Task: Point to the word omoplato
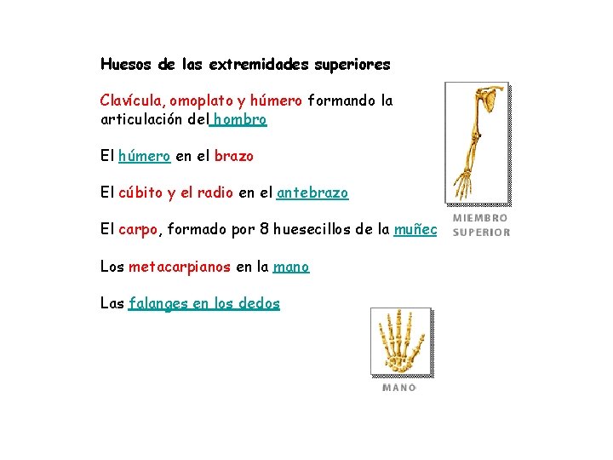(x=198, y=101)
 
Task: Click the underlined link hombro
(x=240, y=120)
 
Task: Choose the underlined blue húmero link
(x=145, y=157)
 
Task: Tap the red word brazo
(x=234, y=157)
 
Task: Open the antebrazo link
(x=312, y=193)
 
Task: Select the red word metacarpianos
(x=180, y=267)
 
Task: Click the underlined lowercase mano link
(x=291, y=267)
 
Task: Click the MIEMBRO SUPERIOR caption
(x=481, y=225)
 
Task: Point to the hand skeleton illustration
(x=401, y=342)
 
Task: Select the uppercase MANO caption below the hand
(x=399, y=388)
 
